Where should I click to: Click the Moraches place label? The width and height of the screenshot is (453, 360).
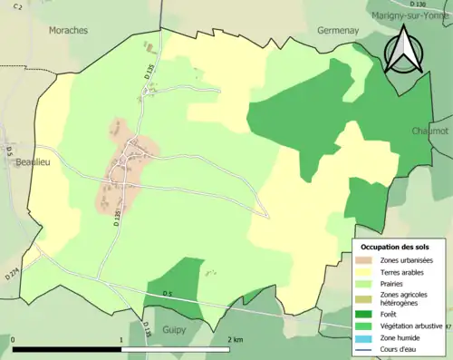click(69, 30)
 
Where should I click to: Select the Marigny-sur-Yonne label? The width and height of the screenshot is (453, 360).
click(410, 15)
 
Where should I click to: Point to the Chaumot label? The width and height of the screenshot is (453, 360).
click(429, 131)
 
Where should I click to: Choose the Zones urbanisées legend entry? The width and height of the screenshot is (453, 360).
click(406, 260)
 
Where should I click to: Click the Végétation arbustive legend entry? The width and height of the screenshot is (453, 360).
click(410, 324)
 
